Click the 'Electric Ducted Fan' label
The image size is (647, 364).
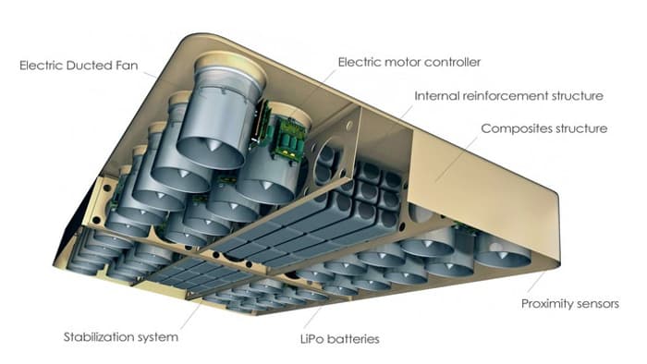79,66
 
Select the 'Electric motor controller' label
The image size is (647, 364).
409,62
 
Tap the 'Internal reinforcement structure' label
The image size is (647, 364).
508,96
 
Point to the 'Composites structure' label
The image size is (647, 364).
544,128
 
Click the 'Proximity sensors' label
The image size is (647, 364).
570,304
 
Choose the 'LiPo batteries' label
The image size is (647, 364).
339,339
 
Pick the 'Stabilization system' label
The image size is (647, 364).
121,337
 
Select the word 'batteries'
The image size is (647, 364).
352,339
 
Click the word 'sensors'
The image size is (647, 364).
595,304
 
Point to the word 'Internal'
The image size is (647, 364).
436,96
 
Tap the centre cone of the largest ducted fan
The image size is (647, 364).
214,145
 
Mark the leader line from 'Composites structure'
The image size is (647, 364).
456,160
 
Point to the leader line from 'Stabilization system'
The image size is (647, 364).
191,315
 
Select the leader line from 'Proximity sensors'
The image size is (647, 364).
536,283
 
